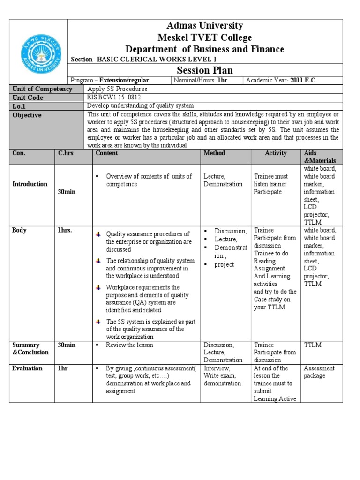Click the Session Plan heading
tap(204, 70)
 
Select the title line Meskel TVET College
tap(204, 37)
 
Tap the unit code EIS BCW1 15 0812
tap(113, 97)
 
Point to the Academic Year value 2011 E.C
tap(303, 81)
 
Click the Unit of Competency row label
tap(42, 89)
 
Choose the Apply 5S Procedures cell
tap(117, 89)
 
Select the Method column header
tap(214, 153)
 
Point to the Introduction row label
tap(30, 184)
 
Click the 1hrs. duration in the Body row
tap(65, 230)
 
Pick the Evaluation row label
tap(28, 368)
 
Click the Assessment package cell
tap(319, 372)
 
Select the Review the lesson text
tap(129, 345)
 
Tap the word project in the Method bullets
tap(225, 264)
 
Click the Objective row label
tap(27, 115)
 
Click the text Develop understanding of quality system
tap(140, 106)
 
